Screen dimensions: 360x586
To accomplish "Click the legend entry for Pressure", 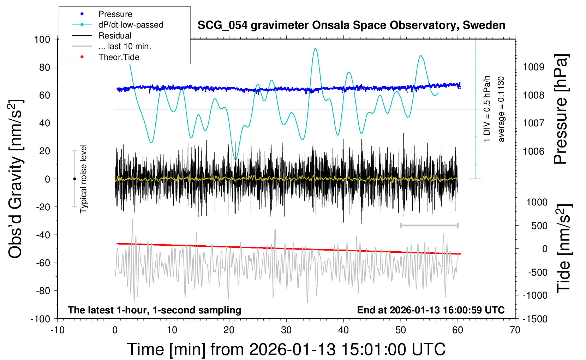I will point(115,14).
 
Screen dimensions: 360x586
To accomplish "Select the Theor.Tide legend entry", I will point(119,57).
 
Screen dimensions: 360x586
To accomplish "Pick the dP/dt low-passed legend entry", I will point(131,25).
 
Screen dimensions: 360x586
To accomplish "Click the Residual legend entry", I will point(115,36).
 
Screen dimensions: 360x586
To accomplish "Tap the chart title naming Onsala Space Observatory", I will point(351,25).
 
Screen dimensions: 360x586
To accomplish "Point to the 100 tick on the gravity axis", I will point(42,39).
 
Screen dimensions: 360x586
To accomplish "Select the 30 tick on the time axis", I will point(286,330).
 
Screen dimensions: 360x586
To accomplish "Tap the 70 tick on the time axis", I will point(515,330).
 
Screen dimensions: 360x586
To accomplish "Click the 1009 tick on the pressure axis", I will point(533,67).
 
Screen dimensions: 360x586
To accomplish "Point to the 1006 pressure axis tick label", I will point(533,151).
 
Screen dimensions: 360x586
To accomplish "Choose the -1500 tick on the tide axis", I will point(535,319).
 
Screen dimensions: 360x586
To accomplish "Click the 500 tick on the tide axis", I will point(539,226).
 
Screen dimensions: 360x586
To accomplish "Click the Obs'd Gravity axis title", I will point(16,179).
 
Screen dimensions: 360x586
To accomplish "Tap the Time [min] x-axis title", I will point(286,349).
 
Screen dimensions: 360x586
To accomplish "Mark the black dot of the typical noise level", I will point(74,179).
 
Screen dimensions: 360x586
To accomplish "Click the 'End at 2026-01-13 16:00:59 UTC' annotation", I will point(431,310).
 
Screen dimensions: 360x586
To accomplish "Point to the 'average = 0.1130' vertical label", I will point(501,109).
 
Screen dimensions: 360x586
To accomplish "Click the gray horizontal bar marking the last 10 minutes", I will point(429,225).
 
